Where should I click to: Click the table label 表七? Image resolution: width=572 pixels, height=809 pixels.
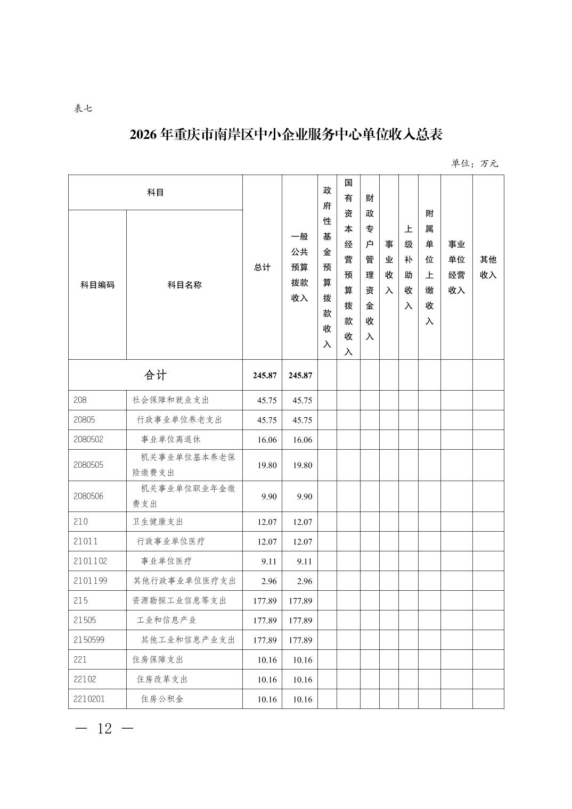(83, 109)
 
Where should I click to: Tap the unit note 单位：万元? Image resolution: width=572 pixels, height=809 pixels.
(475, 163)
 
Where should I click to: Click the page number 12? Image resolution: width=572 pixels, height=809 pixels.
(104, 729)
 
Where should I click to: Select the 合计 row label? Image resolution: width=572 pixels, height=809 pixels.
(155, 375)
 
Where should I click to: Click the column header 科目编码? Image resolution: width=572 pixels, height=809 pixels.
(97, 285)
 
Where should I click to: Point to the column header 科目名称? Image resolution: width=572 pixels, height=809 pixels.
(184, 285)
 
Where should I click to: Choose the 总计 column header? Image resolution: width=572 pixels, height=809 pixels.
(262, 267)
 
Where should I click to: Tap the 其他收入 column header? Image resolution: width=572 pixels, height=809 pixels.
(488, 267)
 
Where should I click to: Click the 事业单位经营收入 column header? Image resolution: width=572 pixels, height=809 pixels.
(456, 267)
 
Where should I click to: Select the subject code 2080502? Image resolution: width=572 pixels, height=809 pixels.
(89, 440)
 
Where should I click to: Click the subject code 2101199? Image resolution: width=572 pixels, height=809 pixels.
(91, 581)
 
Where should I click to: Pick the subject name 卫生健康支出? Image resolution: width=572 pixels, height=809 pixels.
(158, 522)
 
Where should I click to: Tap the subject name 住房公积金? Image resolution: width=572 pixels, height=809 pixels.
(162, 699)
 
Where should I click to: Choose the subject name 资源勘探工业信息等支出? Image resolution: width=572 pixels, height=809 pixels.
(179, 600)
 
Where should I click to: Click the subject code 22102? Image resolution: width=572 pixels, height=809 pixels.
(85, 679)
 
